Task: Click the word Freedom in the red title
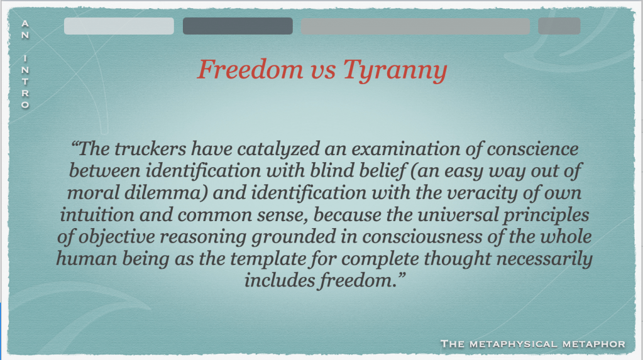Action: [250, 69]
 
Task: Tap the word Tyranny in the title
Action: [395, 70]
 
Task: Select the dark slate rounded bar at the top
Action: [238, 26]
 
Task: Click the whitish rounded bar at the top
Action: [119, 26]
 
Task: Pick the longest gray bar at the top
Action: [415, 26]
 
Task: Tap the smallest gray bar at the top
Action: [559, 26]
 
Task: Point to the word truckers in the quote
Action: [150, 149]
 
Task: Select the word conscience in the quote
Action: [532, 149]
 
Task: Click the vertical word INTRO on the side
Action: [25, 82]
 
